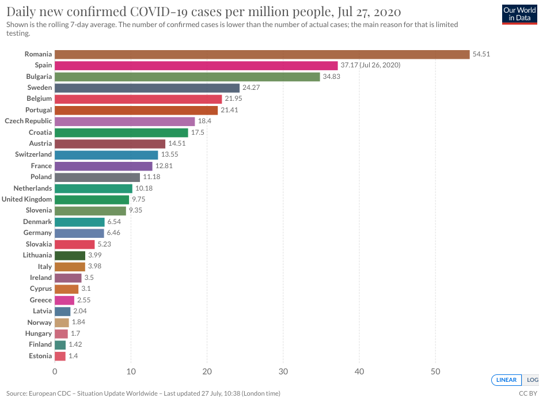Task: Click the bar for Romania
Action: [x=262, y=54]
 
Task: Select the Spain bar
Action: [x=196, y=65]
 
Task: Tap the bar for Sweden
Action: [x=147, y=88]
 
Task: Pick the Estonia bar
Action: [x=60, y=356]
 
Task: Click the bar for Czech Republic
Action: [x=125, y=121]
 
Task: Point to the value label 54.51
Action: [x=481, y=54]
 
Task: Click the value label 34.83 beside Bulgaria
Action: [x=332, y=77]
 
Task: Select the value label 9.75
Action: [x=139, y=199]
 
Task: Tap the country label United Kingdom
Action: [x=26, y=199]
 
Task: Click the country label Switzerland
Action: [x=33, y=154]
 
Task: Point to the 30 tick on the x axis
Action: [x=283, y=371]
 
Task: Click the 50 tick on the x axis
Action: [x=435, y=371]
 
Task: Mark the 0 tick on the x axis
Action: [x=55, y=371]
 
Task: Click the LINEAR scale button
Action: [x=506, y=380]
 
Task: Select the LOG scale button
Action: [x=532, y=380]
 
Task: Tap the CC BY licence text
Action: [x=527, y=394]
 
